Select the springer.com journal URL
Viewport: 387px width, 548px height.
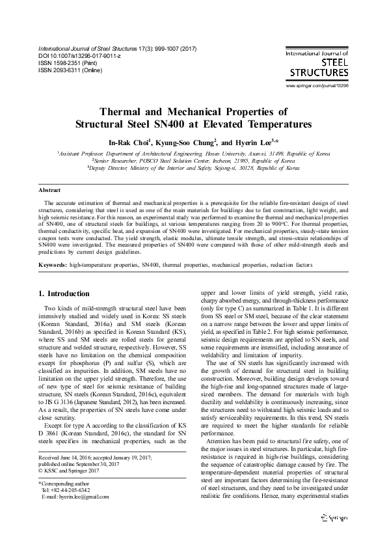(x=317, y=86)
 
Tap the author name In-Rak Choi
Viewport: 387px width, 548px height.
(x=129, y=141)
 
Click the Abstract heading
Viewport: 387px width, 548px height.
(x=50, y=191)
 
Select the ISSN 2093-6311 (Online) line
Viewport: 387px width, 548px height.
(x=72, y=71)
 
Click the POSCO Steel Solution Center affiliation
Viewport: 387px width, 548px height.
(x=193, y=160)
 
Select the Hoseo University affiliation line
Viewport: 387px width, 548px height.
(x=193, y=154)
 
